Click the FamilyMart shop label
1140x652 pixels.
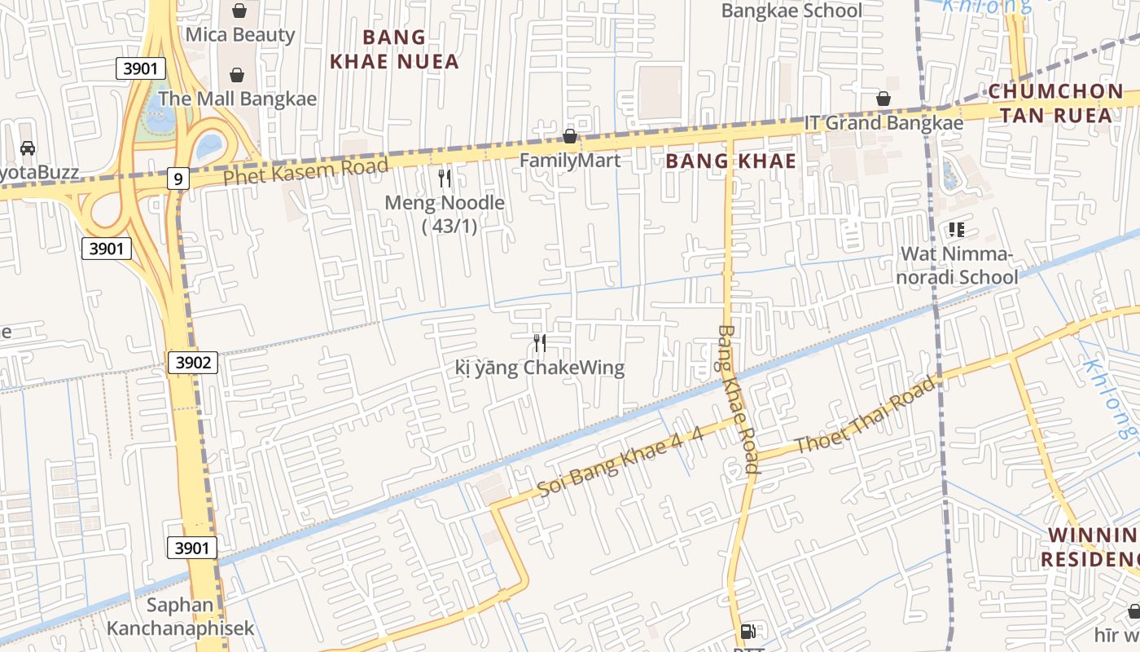pyautogui.click(x=570, y=161)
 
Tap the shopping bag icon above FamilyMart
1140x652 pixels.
pyautogui.click(x=570, y=136)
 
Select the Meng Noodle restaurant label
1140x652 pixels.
pyautogui.click(x=445, y=214)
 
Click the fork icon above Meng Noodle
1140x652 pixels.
pyautogui.click(x=445, y=178)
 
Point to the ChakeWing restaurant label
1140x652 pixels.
pyautogui.click(x=540, y=368)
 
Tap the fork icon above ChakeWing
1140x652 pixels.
pyautogui.click(x=540, y=342)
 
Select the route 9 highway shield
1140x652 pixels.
pyautogui.click(x=178, y=178)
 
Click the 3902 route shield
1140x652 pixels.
pyautogui.click(x=193, y=363)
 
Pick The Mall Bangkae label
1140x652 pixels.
pyautogui.click(x=237, y=99)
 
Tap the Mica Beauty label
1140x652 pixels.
pyautogui.click(x=240, y=34)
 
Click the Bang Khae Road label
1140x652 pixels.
pyautogui.click(x=739, y=399)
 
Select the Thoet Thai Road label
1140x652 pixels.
pyautogui.click(x=865, y=417)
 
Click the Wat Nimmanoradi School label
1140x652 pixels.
pyautogui.click(x=958, y=266)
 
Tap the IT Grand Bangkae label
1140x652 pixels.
pyautogui.click(x=883, y=123)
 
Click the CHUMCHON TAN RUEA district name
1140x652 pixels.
pyautogui.click(x=1056, y=103)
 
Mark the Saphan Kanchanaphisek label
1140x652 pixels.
pyautogui.click(x=180, y=617)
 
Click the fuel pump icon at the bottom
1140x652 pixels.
pyautogui.click(x=748, y=632)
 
